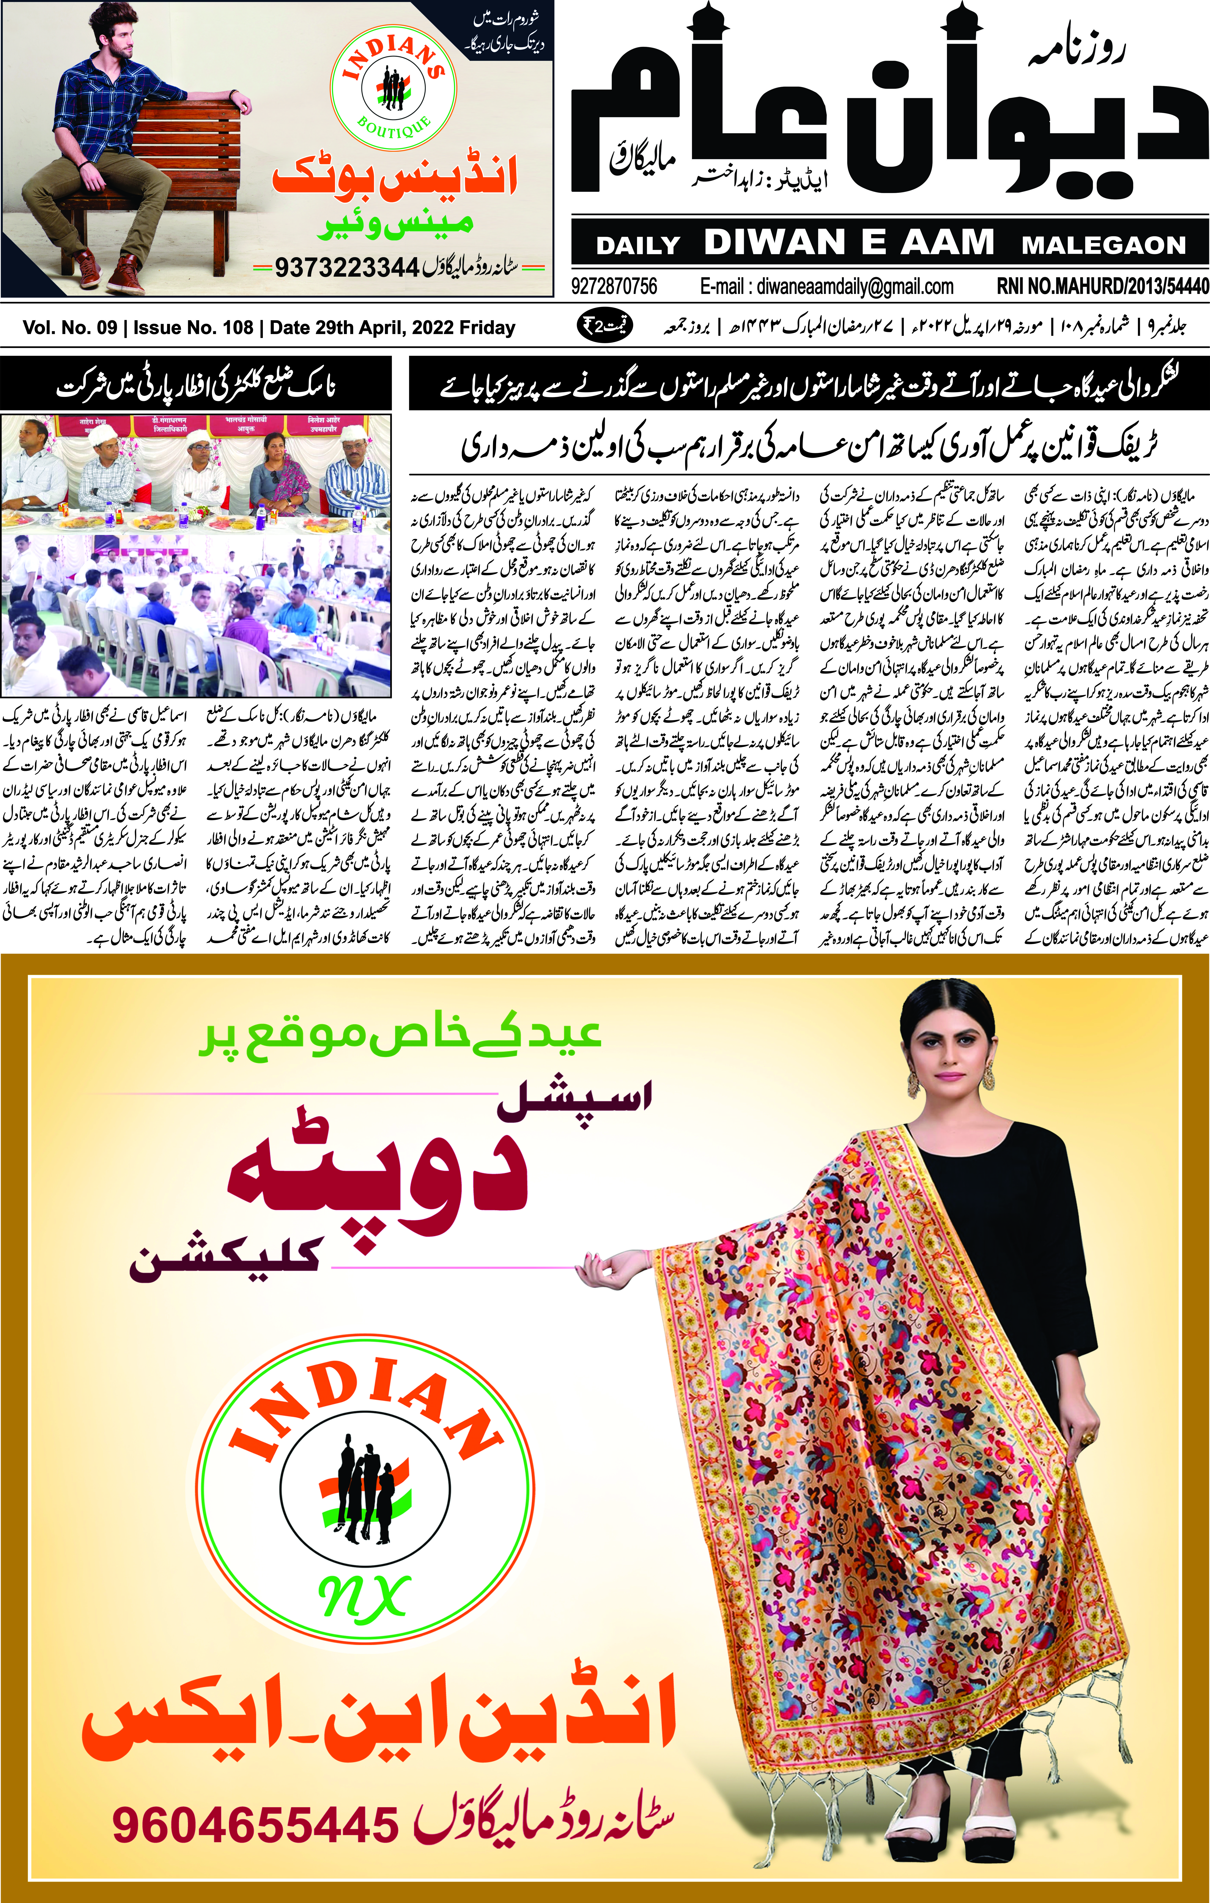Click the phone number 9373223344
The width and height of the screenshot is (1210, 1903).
point(346,268)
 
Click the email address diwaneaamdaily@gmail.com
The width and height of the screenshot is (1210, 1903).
point(827,286)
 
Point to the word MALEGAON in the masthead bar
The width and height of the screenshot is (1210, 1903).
point(1103,245)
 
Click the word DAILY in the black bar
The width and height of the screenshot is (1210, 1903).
point(638,245)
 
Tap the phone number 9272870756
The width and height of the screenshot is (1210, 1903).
point(614,286)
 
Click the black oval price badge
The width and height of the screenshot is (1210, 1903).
point(605,326)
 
